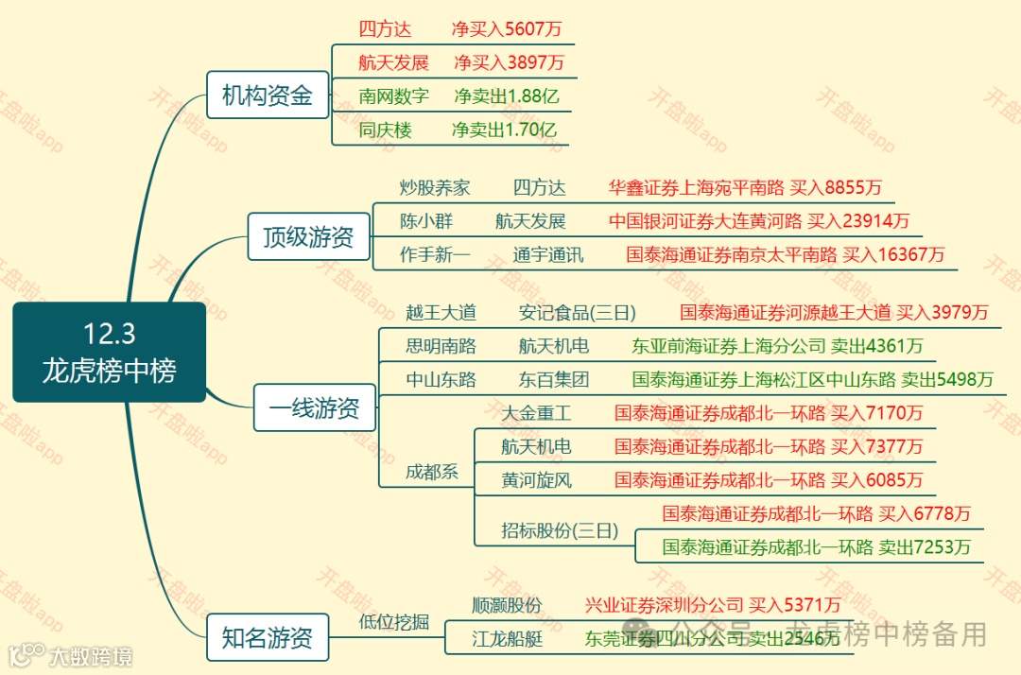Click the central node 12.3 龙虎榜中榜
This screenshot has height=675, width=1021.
click(x=109, y=352)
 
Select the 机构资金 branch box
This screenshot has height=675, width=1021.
click(x=268, y=95)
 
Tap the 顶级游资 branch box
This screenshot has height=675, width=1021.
click(x=308, y=236)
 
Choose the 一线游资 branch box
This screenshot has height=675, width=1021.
click(x=314, y=409)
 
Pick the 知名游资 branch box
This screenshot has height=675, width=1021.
click(x=268, y=638)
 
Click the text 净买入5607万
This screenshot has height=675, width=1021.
click(x=507, y=29)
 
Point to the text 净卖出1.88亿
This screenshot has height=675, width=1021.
click(x=505, y=96)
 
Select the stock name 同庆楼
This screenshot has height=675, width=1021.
click(x=386, y=130)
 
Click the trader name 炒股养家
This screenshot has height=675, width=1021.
click(x=435, y=188)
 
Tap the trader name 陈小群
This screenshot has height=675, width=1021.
click(x=426, y=221)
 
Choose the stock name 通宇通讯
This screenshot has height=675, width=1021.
click(x=548, y=255)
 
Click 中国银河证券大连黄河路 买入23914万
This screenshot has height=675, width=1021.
click(x=759, y=221)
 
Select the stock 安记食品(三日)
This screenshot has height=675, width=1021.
click(x=578, y=313)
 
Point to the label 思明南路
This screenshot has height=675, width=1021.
click(x=441, y=346)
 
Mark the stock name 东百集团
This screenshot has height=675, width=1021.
click(x=554, y=380)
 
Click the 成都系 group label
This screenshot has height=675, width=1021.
click(x=432, y=472)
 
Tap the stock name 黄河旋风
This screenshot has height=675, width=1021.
click(x=537, y=480)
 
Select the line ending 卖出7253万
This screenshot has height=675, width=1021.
click(x=817, y=546)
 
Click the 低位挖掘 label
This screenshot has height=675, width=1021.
click(x=394, y=622)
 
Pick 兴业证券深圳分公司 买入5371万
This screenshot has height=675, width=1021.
click(x=713, y=605)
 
